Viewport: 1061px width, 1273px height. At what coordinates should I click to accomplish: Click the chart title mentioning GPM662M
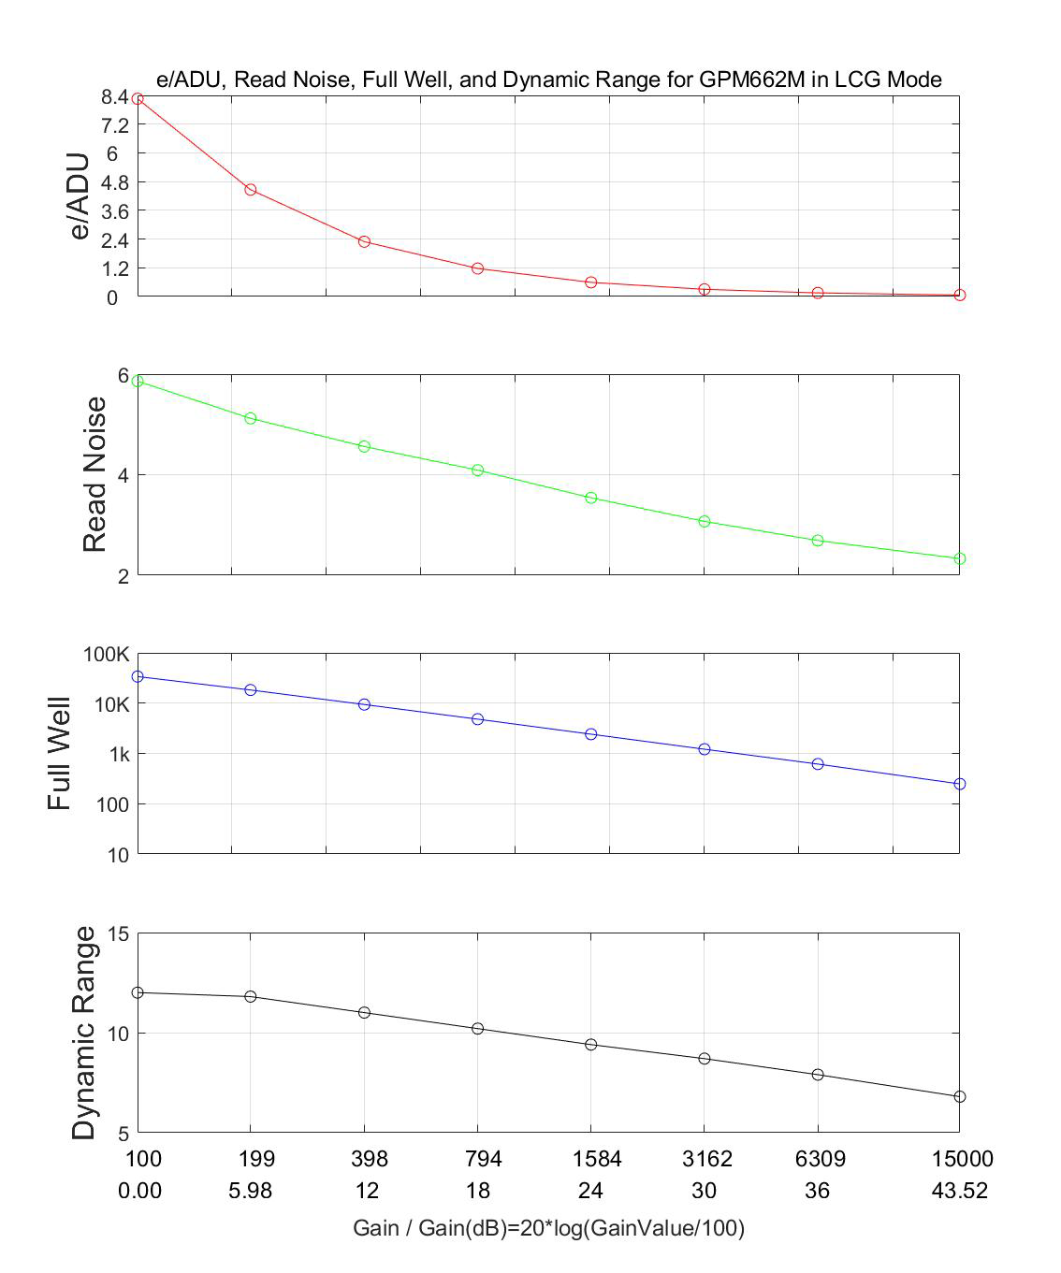pos(548,80)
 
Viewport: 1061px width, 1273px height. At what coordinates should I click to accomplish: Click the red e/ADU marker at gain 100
pos(138,98)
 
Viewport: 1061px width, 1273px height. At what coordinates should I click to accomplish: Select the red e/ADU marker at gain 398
pos(364,241)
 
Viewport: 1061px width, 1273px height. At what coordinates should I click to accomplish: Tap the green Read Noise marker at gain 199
pos(251,418)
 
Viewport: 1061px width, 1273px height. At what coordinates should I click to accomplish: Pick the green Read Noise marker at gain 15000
pos(959,558)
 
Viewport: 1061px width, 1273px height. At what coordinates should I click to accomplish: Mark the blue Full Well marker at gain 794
pos(477,719)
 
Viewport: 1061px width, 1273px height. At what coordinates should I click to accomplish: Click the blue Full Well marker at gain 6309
pos(818,764)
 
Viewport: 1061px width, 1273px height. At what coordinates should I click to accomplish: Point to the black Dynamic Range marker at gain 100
pos(138,992)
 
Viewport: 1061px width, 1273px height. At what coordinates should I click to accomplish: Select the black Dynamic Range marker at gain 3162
pos(705,1059)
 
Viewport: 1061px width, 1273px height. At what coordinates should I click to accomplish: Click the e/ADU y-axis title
pos(80,196)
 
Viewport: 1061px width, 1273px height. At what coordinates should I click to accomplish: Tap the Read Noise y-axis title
pos(94,474)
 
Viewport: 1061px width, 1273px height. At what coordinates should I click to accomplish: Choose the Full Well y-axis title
pos(60,754)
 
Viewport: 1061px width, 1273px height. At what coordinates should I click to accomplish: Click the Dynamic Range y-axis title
pos(84,1033)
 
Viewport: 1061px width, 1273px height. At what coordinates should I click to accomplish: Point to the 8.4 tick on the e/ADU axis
pos(113,96)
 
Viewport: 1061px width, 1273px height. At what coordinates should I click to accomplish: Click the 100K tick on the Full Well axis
pos(107,654)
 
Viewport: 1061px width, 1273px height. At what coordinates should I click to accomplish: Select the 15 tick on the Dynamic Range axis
pos(119,933)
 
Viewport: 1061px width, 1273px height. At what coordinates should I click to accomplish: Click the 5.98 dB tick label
pos(251,1191)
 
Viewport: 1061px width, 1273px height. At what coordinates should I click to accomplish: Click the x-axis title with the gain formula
pos(548,1227)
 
